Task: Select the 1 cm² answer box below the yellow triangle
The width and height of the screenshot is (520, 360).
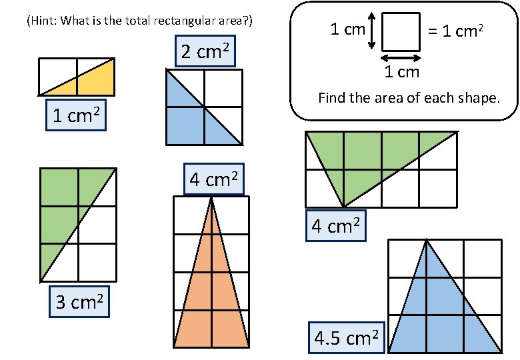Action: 75,116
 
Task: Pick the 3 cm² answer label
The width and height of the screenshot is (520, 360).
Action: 79,303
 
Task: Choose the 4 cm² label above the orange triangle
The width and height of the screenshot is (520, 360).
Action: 213,179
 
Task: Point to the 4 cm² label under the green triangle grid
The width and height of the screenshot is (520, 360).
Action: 336,226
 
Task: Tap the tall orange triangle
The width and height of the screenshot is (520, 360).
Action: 211,293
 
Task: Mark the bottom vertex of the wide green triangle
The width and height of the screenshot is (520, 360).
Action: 344,206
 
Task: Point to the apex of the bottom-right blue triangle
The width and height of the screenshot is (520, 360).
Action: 426,241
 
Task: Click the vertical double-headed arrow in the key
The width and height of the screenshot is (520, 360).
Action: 372,31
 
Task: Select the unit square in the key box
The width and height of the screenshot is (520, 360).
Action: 401,31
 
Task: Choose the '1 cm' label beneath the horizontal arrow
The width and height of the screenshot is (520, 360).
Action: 401,71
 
